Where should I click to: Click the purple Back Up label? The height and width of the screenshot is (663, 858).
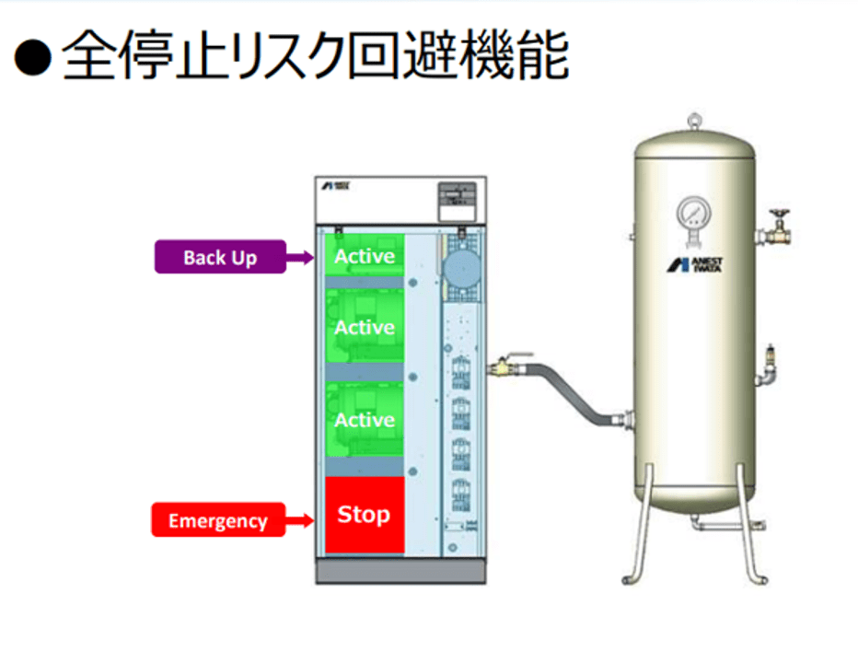tap(219, 257)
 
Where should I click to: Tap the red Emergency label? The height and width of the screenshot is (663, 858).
tap(217, 521)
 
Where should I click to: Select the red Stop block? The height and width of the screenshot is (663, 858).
tap(364, 515)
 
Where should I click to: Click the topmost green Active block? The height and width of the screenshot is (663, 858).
tap(364, 255)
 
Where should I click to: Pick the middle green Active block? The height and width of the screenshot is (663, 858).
tap(364, 327)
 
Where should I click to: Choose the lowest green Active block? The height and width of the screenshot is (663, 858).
tap(364, 420)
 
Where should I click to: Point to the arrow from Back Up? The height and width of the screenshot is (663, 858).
tap(300, 259)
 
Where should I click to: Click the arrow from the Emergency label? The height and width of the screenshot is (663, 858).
tap(300, 522)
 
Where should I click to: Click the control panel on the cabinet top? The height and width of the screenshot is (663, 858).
tap(455, 197)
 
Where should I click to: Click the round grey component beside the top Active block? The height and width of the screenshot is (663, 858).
tap(458, 267)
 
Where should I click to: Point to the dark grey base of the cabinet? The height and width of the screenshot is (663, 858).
tap(400, 571)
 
